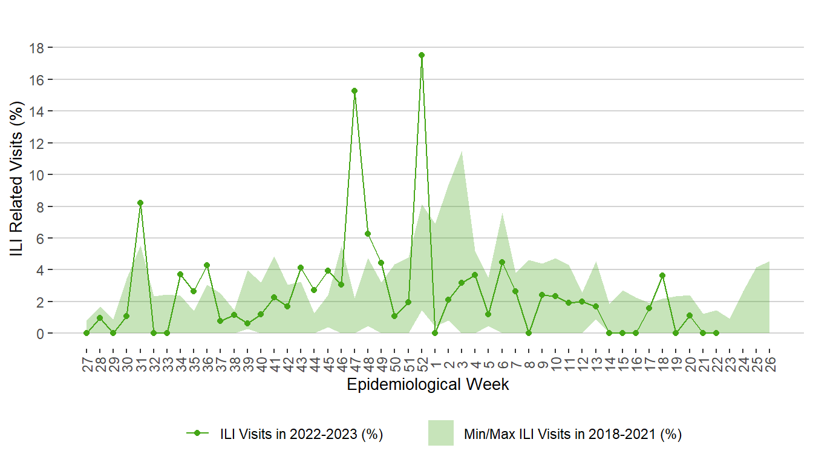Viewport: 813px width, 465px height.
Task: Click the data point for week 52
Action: click(422, 55)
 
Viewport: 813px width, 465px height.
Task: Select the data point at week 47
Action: click(354, 91)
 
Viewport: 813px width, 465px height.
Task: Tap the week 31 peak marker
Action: click(140, 203)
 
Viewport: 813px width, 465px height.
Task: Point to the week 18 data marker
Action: click(663, 275)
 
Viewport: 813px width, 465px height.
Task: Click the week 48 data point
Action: click(368, 234)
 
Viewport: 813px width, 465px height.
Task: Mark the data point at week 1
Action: click(435, 333)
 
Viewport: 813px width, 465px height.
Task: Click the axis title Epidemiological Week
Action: click(428, 384)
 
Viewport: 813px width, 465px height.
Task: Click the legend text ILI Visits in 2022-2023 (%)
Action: click(301, 434)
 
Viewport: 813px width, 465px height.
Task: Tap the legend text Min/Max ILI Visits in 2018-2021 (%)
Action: click(572, 434)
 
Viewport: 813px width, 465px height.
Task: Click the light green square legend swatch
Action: click(440, 434)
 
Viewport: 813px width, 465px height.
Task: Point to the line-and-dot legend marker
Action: click(198, 434)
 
